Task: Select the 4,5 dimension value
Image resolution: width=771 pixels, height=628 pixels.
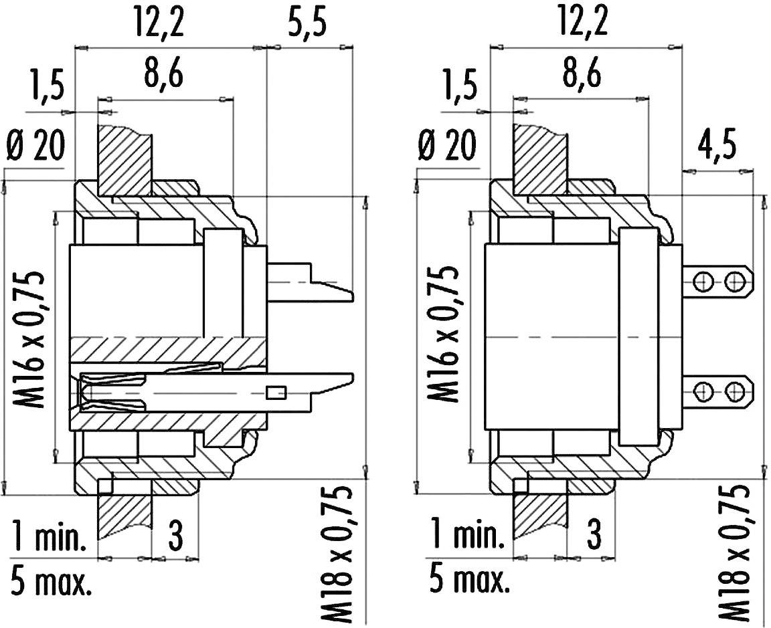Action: click(717, 146)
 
